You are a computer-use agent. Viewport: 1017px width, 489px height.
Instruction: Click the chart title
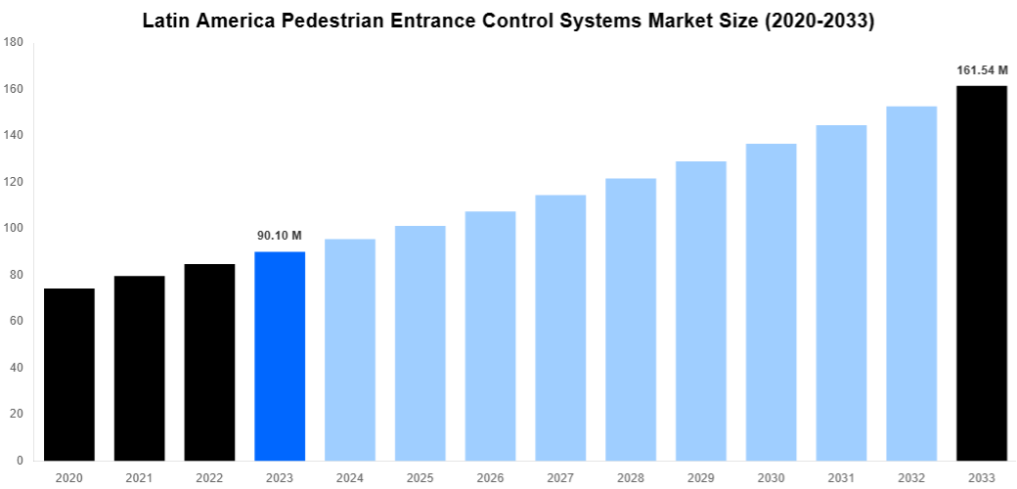point(508,21)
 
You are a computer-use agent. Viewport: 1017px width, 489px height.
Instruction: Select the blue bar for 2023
point(280,356)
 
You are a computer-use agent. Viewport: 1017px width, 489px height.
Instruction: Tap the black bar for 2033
point(981,273)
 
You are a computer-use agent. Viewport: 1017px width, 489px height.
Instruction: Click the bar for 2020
point(69,374)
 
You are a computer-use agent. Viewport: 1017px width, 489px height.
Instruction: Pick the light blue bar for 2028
point(631,319)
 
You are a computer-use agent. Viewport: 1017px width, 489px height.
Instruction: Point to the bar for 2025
point(420,342)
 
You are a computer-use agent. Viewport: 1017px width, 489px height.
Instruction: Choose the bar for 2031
point(841,292)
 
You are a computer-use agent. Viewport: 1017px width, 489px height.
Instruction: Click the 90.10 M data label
point(280,236)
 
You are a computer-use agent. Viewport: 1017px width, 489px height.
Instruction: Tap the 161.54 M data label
point(981,70)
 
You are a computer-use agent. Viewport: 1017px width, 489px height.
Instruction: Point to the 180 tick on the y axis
point(14,42)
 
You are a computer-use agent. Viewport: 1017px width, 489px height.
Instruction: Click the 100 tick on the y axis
point(14,228)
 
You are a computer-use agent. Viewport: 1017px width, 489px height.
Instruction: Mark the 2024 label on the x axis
point(350,477)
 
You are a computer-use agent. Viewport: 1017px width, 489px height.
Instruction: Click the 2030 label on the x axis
point(771,477)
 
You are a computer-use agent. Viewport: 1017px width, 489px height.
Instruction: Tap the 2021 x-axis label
point(140,477)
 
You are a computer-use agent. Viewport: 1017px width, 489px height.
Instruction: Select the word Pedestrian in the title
point(339,21)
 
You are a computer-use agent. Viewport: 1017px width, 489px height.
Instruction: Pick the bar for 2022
point(210,362)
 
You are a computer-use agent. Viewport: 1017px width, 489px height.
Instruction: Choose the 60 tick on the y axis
point(14,321)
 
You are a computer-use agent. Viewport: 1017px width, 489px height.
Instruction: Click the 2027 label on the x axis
point(560,477)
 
